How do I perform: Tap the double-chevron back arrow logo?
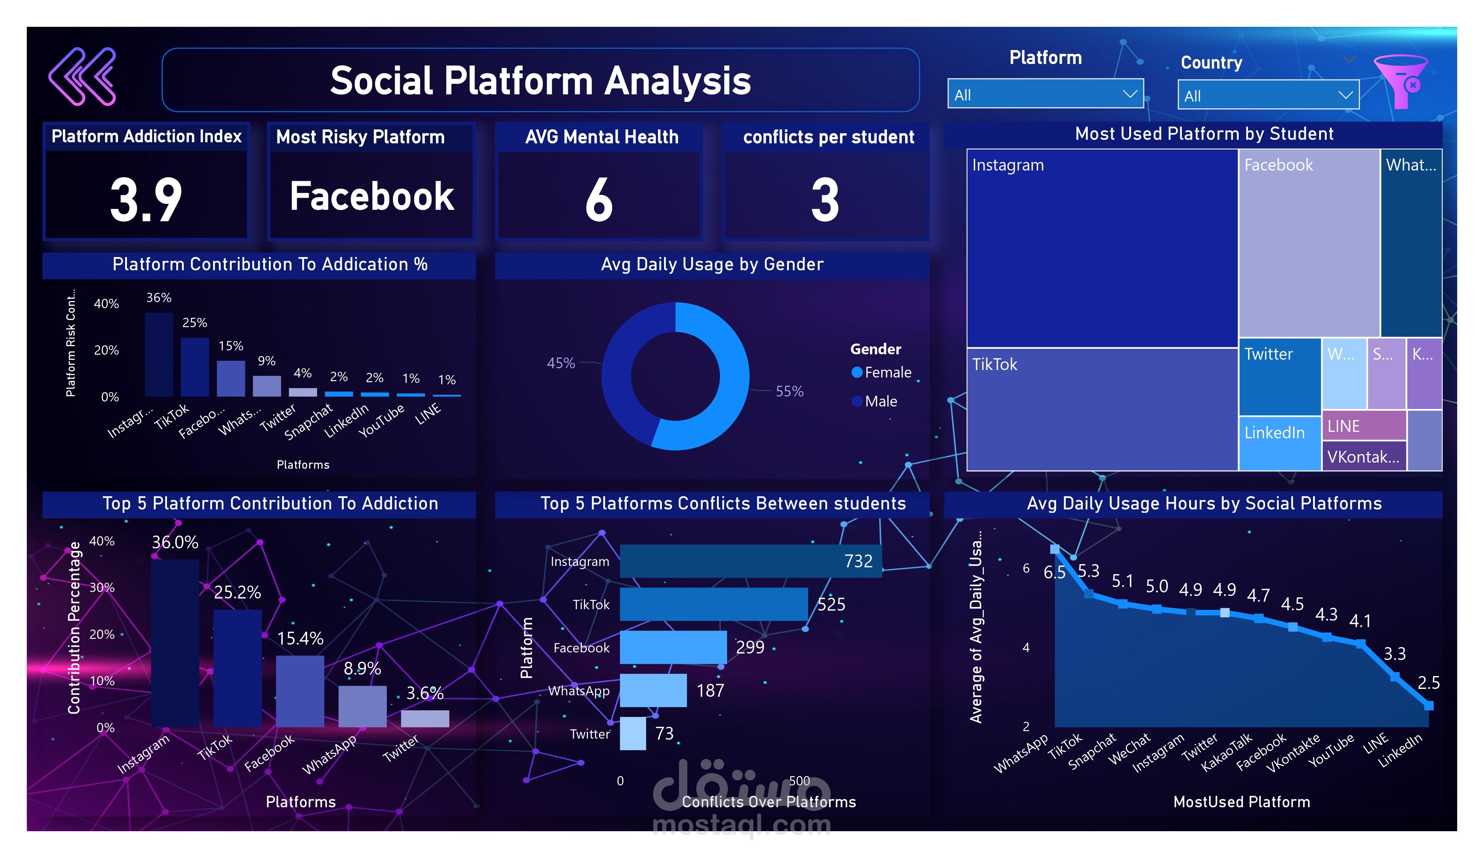tap(83, 77)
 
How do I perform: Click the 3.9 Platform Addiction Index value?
tap(146, 200)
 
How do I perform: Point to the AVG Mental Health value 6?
tap(599, 200)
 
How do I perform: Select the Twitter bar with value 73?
tap(633, 733)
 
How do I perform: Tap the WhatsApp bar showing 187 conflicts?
tap(653, 690)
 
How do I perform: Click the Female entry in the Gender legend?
tap(887, 372)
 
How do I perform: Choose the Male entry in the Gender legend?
tap(880, 401)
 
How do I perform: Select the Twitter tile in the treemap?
tap(1279, 377)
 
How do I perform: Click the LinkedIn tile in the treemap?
tap(1279, 443)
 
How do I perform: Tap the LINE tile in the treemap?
tap(1363, 425)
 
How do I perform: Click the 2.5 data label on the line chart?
tap(1428, 682)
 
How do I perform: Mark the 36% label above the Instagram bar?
tap(158, 297)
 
